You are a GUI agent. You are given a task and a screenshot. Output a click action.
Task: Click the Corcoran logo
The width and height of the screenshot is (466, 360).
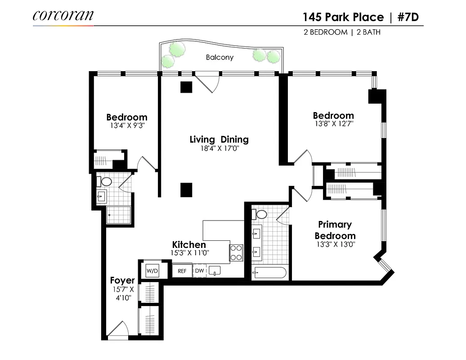pos(63,15)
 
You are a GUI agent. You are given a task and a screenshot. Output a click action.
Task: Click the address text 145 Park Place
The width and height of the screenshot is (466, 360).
pos(343,17)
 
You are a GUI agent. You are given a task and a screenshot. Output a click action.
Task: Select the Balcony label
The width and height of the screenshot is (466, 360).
pos(220,58)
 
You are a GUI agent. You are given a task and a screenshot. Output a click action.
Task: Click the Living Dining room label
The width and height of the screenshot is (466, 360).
pos(219,139)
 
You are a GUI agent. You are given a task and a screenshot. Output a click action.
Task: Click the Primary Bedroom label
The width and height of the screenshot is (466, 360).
pos(335,230)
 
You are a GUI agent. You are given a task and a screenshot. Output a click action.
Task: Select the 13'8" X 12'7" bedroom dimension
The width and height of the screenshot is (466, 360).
pos(333,124)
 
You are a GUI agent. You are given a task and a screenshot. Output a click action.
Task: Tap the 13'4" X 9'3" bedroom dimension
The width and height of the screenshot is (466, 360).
pos(127,126)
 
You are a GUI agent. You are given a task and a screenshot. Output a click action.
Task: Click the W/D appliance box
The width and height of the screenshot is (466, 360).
pos(152,271)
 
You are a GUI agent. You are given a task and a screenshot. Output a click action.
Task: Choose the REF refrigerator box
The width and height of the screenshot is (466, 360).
pos(182,271)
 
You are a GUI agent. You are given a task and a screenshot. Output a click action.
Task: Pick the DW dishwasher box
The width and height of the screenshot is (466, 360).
pos(199,271)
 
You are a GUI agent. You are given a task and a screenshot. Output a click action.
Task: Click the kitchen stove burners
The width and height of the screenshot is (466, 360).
pos(237,253)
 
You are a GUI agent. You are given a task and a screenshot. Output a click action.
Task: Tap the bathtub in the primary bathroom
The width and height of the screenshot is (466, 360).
pos(269,273)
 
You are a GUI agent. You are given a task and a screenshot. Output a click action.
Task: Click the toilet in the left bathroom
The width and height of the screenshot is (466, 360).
pos(106,182)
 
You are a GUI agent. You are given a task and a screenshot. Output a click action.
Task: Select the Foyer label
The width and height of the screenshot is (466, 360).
pos(122,281)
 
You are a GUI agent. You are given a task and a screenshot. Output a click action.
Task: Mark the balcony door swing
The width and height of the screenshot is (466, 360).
pos(209,84)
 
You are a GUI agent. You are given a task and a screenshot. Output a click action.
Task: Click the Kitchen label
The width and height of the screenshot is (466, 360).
pos(189,245)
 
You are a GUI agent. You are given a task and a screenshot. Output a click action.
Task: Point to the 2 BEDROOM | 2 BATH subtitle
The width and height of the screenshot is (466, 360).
pos(341,32)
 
